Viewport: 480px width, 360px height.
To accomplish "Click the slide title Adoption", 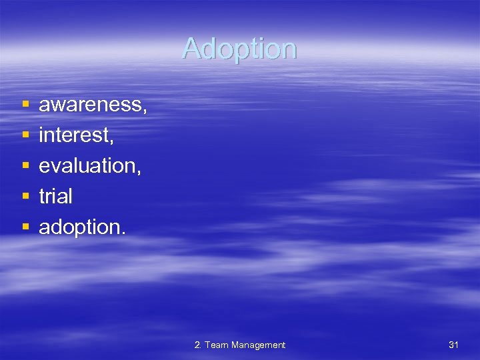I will [239, 49].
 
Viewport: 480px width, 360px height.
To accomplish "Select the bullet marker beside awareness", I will [25, 105].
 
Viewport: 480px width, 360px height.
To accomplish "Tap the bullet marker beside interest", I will [25, 135].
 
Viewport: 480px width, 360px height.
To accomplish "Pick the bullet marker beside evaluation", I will [25, 166].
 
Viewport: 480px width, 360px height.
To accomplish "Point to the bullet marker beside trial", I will [25, 197].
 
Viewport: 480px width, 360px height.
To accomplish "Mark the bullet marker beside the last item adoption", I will [25, 227].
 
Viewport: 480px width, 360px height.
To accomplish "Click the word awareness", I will [91, 105].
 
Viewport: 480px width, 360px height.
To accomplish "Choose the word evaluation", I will [87, 166].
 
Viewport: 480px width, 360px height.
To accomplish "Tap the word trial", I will [55, 197].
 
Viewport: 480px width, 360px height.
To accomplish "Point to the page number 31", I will [453, 345].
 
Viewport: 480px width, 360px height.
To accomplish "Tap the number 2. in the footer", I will [198, 345].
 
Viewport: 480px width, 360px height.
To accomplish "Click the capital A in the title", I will [191, 49].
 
